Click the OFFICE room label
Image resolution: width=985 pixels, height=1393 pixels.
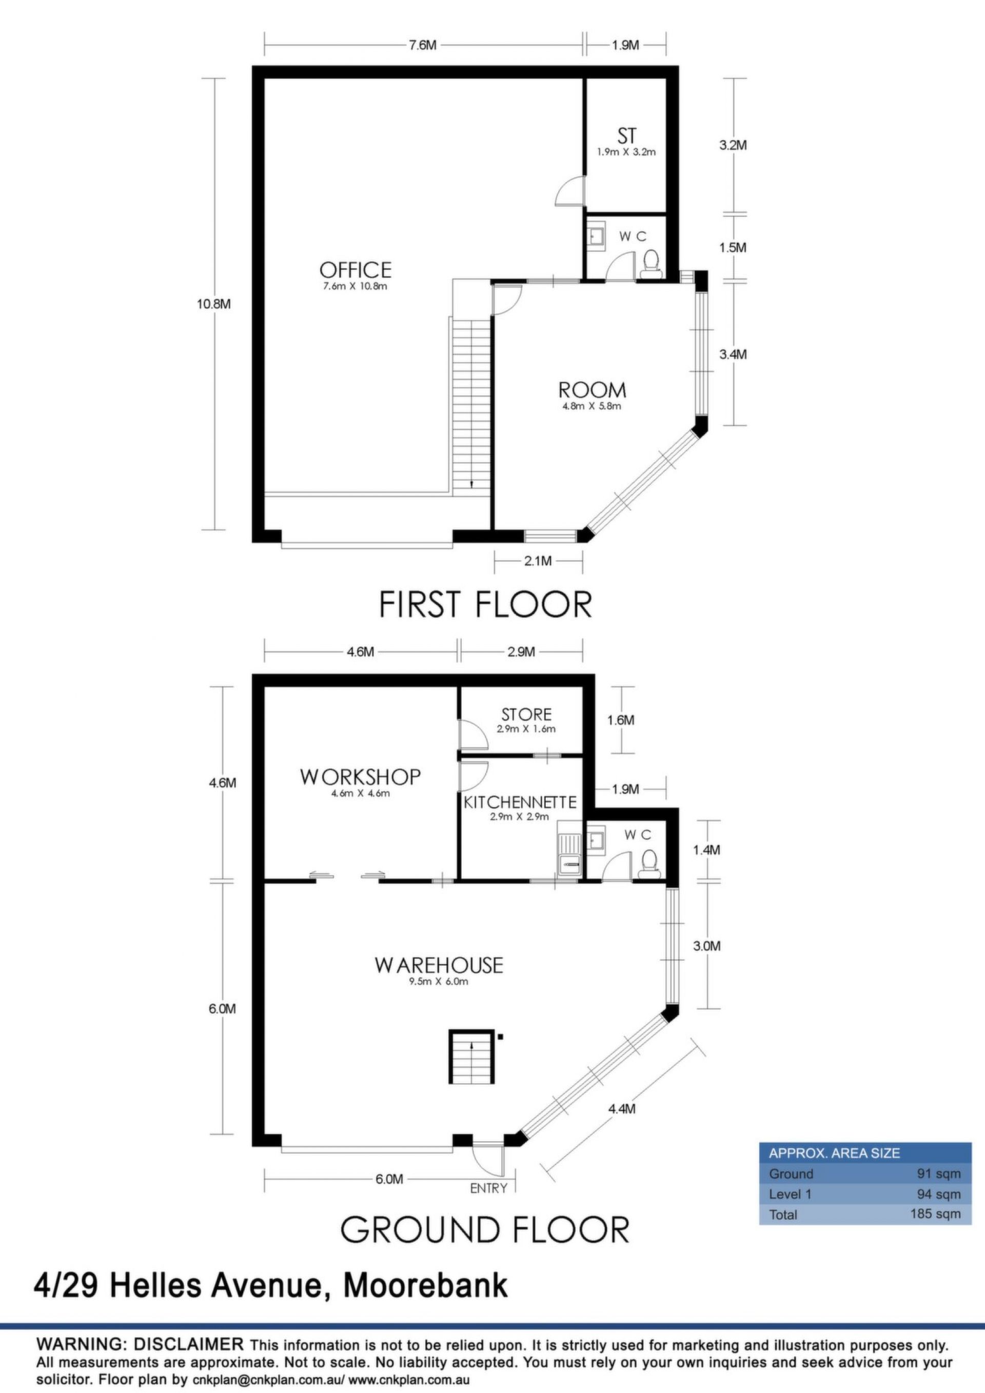coord(356,269)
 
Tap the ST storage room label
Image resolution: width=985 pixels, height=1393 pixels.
coord(626,136)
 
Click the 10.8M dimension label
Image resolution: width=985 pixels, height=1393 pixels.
coord(216,305)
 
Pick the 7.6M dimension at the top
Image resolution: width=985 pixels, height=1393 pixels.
coord(422,46)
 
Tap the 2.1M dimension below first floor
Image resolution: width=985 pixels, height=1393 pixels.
coord(538,561)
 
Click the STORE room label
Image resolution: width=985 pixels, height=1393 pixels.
coord(527,714)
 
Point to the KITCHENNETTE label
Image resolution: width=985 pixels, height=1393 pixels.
coord(520,803)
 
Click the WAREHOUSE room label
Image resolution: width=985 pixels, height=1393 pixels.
coord(439,965)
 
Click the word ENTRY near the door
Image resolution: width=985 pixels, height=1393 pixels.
coord(488,1188)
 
